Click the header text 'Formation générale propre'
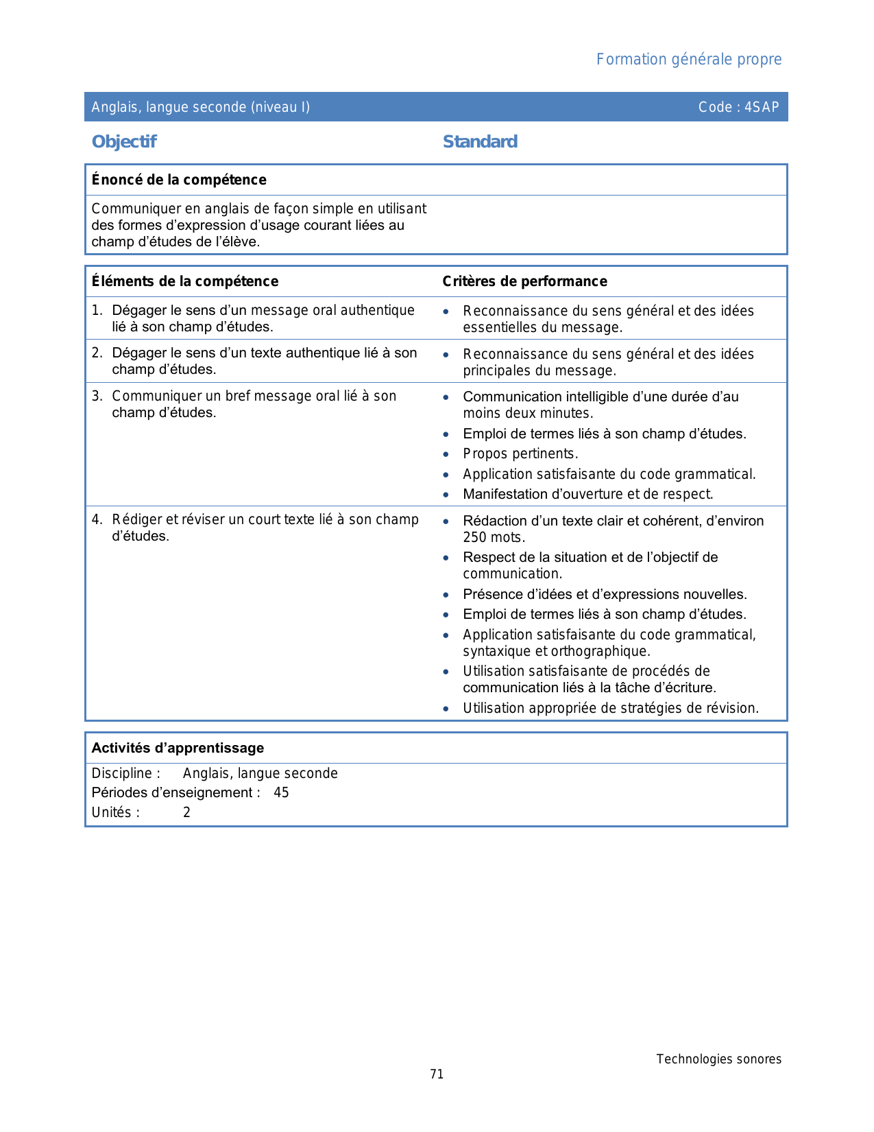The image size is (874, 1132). [688, 60]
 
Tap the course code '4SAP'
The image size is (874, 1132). [762, 107]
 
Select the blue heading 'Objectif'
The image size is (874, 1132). [124, 142]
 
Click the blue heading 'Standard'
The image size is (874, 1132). [480, 142]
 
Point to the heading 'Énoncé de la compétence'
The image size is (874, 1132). [179, 180]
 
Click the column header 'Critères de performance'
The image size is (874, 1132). [524, 281]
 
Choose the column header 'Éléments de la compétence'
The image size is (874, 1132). [185, 281]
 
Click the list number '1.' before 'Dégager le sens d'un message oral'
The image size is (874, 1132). [97, 311]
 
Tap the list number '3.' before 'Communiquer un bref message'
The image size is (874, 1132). [97, 396]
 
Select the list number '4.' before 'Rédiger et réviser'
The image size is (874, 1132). [97, 519]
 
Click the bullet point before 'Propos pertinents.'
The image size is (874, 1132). [446, 454]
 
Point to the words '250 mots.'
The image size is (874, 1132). [494, 537]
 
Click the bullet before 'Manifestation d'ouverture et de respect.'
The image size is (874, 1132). [446, 495]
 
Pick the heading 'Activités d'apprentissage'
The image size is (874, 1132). [178, 748]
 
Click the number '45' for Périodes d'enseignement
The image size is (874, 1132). [281, 792]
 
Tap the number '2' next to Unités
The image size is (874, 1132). [186, 812]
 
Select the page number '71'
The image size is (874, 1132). [437, 1074]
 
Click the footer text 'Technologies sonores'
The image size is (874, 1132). [718, 1059]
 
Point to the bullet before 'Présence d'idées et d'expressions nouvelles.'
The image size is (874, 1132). [446, 595]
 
